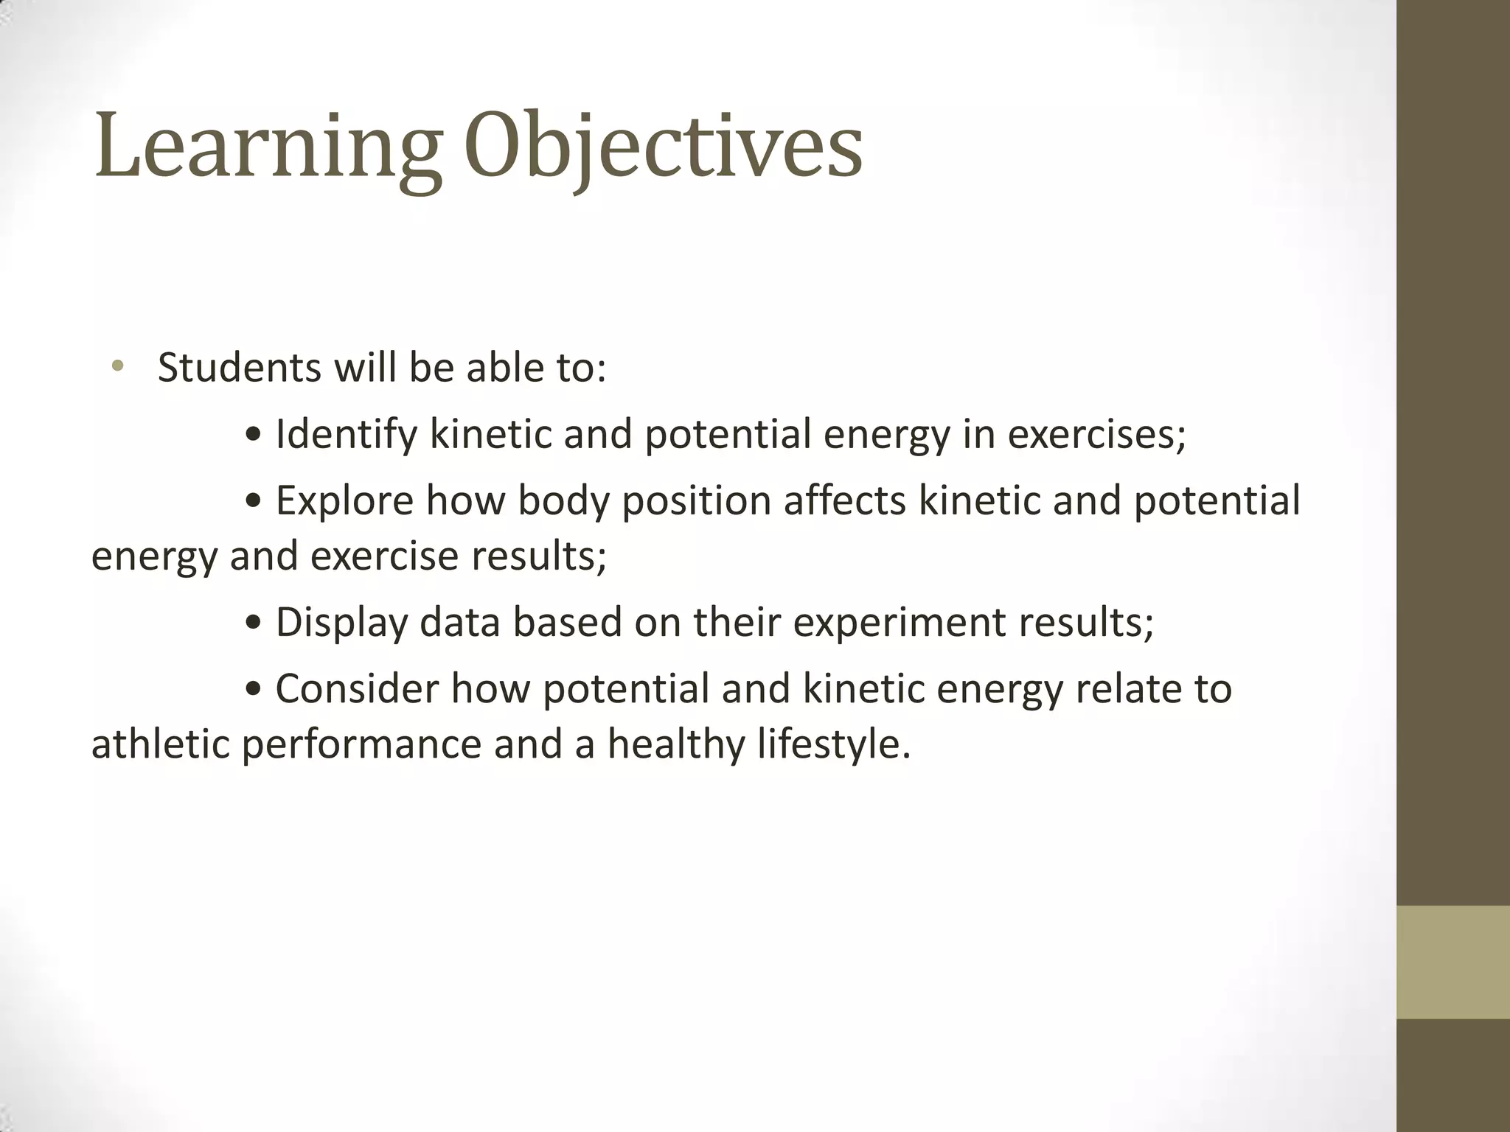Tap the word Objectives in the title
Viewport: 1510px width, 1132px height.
click(664, 147)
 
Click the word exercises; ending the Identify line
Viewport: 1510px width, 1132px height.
click(1096, 433)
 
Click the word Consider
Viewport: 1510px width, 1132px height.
click(357, 689)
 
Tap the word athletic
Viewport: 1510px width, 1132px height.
click(160, 744)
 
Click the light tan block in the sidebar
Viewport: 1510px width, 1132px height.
click(1452, 962)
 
